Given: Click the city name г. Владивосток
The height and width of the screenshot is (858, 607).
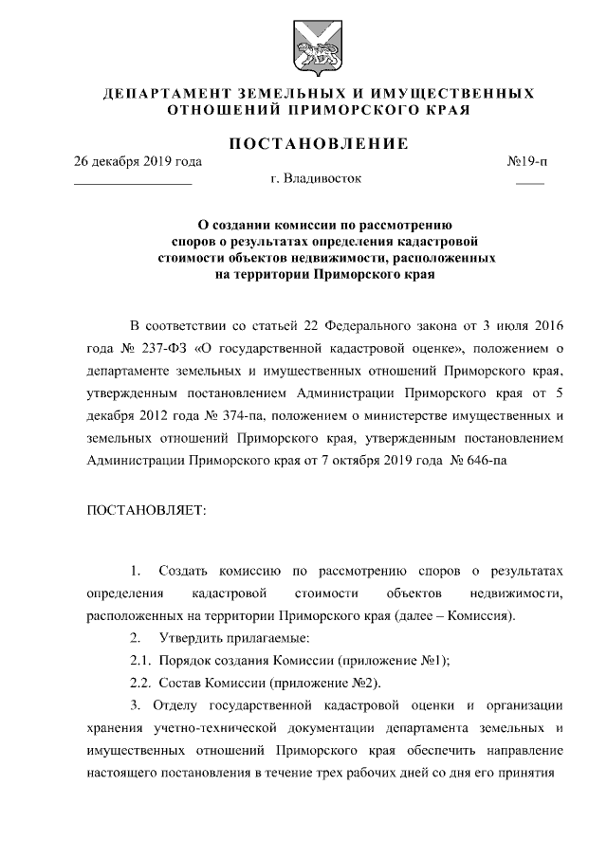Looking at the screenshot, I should (315, 177).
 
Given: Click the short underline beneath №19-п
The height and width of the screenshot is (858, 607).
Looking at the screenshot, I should (529, 183).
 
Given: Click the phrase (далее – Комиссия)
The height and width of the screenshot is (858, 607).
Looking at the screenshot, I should (456, 616).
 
